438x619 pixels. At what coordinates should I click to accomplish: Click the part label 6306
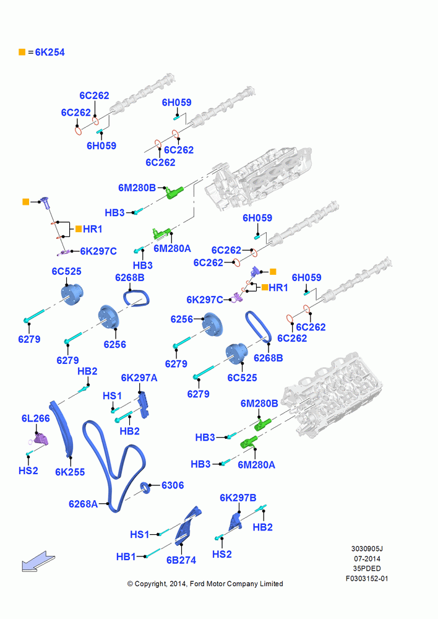click(173, 485)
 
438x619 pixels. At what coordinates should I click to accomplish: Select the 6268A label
click(83, 504)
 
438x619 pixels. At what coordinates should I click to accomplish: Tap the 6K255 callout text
click(70, 472)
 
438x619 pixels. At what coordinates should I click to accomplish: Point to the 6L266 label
click(35, 418)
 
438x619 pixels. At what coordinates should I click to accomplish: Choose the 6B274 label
click(181, 560)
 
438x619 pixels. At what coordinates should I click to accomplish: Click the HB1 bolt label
click(126, 556)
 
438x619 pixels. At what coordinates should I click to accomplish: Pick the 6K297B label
click(238, 498)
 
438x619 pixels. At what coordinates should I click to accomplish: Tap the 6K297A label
click(139, 378)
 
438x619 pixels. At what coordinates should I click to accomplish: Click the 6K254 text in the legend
click(49, 52)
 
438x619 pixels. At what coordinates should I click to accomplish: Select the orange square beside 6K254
click(22, 52)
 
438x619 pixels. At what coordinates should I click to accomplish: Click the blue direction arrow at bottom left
click(38, 561)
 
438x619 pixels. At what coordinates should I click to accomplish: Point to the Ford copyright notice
click(205, 584)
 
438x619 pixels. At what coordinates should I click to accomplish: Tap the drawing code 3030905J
click(367, 548)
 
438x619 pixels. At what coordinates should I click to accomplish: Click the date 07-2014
click(367, 558)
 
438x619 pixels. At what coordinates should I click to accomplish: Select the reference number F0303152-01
click(367, 578)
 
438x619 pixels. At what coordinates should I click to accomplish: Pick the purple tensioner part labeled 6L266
click(41, 439)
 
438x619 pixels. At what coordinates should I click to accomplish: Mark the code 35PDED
click(367, 568)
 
